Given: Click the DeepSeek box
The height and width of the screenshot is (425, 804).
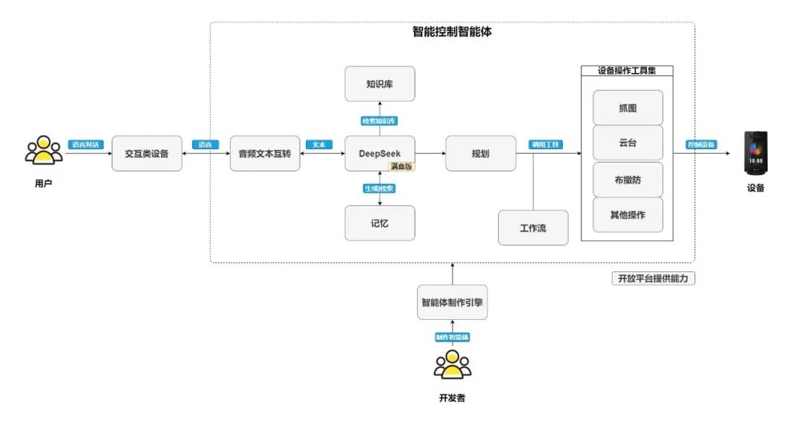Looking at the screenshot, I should click(380, 153).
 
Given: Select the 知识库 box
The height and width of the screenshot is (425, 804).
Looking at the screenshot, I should click(380, 84).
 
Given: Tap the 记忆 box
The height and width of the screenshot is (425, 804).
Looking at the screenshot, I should click(380, 223).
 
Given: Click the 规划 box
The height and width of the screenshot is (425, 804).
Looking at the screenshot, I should click(480, 153).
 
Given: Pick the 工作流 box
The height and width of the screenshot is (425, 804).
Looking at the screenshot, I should click(533, 227).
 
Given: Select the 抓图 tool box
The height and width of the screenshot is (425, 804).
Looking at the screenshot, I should click(628, 107).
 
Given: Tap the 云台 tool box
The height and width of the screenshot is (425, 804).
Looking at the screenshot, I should click(628, 142).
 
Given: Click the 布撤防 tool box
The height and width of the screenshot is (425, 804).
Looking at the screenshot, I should click(628, 179).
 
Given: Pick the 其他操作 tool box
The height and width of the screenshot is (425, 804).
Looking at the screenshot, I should click(628, 214).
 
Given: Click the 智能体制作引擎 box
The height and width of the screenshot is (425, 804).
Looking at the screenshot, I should click(453, 302).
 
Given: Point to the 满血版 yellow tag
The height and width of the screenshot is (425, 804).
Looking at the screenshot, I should click(401, 167).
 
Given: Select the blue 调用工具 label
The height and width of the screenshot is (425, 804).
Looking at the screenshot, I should click(546, 144).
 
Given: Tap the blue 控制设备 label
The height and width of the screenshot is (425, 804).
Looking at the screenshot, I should click(701, 144).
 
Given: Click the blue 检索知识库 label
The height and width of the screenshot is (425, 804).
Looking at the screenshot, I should click(380, 120).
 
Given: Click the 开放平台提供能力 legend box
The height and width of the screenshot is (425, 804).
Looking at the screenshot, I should click(653, 278).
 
